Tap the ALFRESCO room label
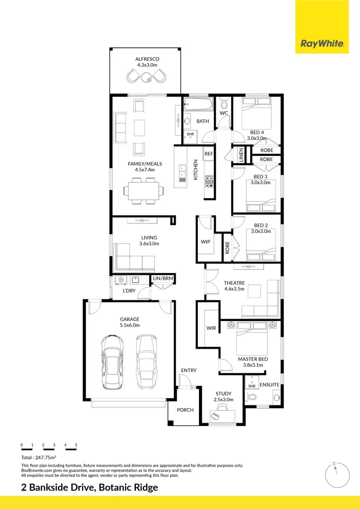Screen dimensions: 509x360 pos(147,59)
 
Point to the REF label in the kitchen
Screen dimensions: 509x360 pos(209,154)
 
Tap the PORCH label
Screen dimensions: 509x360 pos(185,410)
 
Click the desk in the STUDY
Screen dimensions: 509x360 pos(221,415)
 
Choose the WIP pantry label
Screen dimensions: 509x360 pos(205,241)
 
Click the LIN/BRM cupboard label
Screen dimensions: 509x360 pos(163,279)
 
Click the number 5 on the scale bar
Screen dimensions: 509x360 pos(76,445)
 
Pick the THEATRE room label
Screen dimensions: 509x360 pos(234,283)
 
